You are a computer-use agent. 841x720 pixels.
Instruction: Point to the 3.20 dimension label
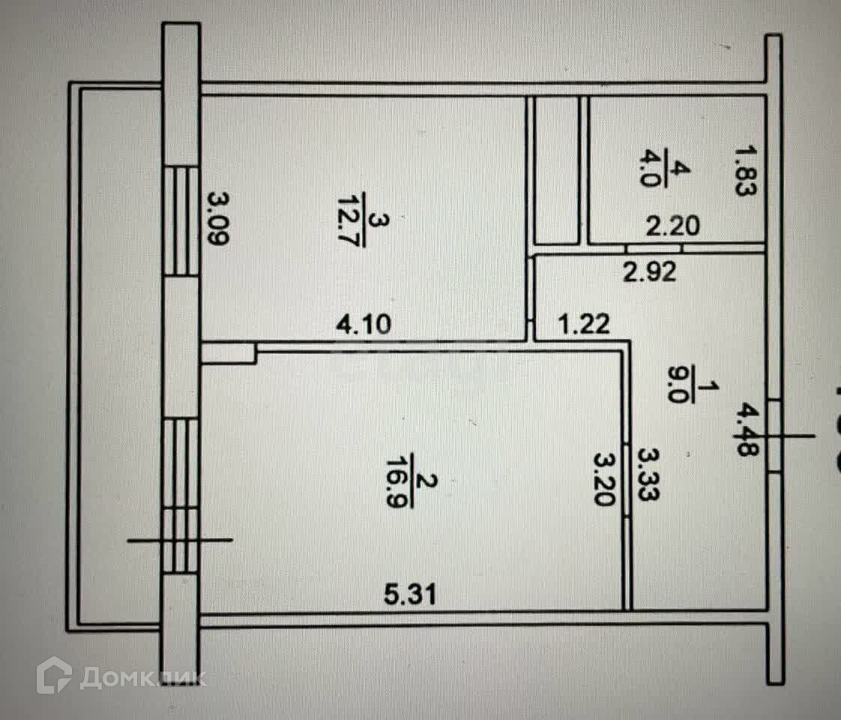coord(605,478)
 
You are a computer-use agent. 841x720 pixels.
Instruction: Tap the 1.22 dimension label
coord(585,325)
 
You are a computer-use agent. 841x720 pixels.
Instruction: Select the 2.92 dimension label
coord(648,271)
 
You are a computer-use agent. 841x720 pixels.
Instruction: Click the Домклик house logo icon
coord(54,674)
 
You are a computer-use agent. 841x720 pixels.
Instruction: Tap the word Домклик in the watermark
coord(142,677)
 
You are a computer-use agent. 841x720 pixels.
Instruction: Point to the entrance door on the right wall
coord(773,435)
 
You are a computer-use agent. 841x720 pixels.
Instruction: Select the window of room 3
coord(181,220)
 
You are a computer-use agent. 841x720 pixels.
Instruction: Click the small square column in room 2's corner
coord(229,353)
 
